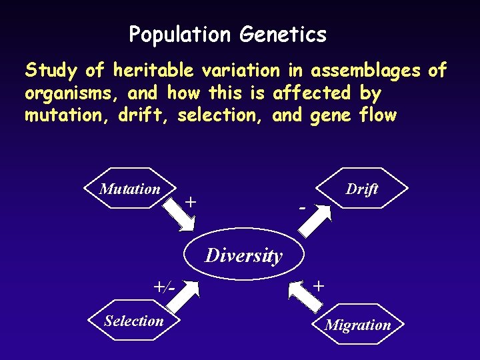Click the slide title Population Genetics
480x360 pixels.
[x=227, y=34]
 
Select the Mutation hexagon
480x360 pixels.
[x=130, y=189]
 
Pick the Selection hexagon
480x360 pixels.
[x=133, y=321]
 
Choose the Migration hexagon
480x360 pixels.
[x=357, y=325]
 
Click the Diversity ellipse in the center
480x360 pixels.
[x=243, y=255]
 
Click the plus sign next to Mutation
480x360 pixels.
[x=191, y=200]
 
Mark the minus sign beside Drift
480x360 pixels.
[x=303, y=207]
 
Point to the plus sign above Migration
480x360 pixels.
[x=319, y=285]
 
